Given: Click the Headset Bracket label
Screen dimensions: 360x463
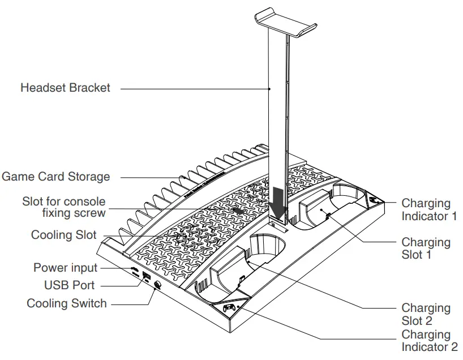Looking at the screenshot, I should [65, 88].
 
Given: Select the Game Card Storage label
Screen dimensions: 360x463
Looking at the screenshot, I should [55, 177].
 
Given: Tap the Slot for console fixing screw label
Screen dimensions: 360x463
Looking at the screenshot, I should [63, 207].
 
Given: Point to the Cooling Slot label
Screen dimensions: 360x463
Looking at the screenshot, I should [63, 235].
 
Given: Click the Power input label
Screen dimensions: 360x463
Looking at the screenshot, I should [65, 267].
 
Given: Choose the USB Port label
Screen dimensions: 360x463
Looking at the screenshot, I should [69, 285].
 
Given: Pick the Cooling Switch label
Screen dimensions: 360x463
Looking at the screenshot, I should [66, 303].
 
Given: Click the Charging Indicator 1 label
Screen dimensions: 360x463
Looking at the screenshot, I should [428, 209].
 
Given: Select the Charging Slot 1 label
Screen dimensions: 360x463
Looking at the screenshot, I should [426, 248].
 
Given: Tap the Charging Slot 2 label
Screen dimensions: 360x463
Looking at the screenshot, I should [426, 314].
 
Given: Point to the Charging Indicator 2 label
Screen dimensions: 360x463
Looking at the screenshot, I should [429, 341].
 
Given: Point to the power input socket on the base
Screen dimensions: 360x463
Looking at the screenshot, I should [134, 269].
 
